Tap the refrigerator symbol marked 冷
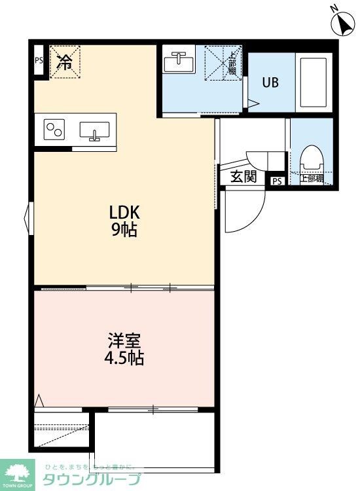65,62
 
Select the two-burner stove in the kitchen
54,130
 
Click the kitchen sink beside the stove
94,130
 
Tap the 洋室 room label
124,341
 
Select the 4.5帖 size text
124,359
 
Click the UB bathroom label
270,83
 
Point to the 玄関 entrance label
243,177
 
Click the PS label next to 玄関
277,181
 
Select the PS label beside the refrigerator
39,62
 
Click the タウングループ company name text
92,479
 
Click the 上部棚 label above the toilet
312,177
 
